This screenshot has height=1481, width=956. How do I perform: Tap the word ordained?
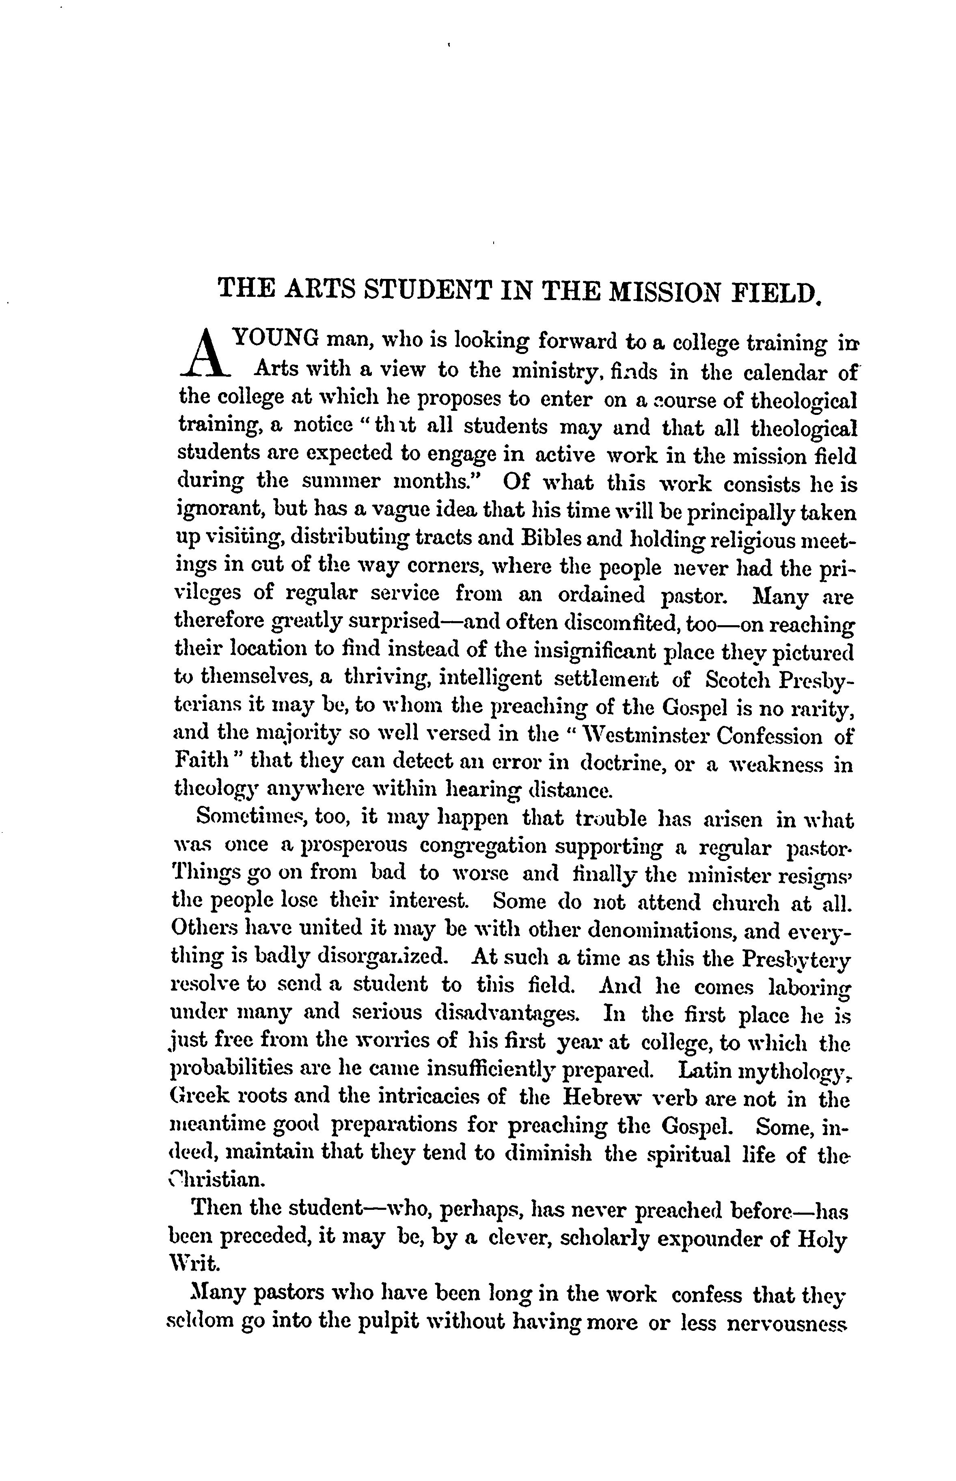600,595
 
